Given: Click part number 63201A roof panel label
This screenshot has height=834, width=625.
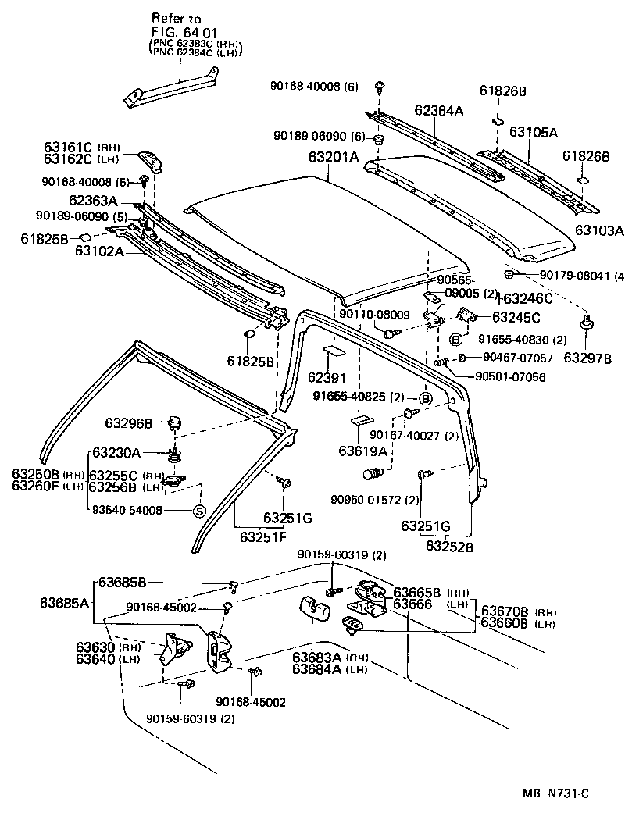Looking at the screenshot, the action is coord(333,157).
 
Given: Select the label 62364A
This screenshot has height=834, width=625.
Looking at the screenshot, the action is coord(438,111).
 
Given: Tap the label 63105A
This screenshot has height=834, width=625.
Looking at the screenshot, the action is coord(534,132).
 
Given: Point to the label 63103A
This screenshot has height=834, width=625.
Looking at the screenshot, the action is coord(599,230).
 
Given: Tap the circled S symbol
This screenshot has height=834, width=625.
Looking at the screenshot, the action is coord(198,511).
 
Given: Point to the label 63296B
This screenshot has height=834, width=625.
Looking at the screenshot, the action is coord(129,423).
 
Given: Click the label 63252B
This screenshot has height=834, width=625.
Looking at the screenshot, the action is coord(449,546).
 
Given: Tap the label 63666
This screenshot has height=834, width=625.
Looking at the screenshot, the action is coord(413,603).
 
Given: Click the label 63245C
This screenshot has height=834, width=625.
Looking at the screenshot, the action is coord(516,317).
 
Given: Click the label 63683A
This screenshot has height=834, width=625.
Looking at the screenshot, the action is coord(318,658).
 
